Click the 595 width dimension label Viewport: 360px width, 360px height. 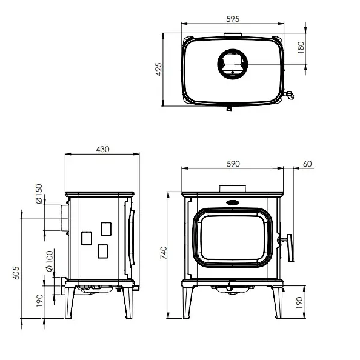click(233, 19)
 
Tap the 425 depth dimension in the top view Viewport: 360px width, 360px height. click(159, 69)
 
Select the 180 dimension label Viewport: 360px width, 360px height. click(301, 47)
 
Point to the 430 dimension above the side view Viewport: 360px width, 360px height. click(102, 150)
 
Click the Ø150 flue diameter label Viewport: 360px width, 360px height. click(39, 194)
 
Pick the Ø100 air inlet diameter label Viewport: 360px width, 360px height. click(49, 261)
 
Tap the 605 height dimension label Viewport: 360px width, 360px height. click(16, 273)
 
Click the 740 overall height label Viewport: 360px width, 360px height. click(164, 253)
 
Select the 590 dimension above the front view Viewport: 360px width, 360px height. click(233, 164)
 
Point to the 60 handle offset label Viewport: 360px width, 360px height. click(307, 164)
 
